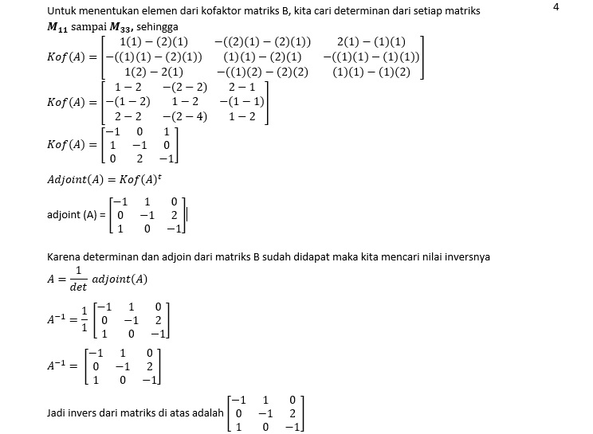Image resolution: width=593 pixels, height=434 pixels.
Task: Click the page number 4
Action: (x=556, y=7)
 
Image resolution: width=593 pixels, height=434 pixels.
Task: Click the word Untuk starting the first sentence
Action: (x=61, y=11)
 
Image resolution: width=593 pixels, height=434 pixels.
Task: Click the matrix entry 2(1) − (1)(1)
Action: (x=371, y=41)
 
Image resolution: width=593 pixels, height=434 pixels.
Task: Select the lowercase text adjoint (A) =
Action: (x=77, y=214)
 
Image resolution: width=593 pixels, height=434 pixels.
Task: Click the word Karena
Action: (x=65, y=258)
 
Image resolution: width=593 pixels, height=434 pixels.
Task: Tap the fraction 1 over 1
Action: (x=84, y=319)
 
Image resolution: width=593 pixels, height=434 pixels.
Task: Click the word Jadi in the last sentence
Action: (x=57, y=413)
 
